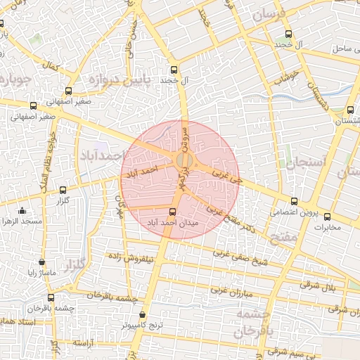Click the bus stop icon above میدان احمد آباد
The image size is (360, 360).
[173, 212]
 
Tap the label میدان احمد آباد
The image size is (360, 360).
[173, 222]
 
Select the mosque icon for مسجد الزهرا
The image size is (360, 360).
[22, 210]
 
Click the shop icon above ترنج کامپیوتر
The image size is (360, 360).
[143, 316]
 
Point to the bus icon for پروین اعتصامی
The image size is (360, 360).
[294, 202]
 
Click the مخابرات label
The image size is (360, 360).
[326, 227]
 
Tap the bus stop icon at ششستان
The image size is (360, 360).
[349, 109]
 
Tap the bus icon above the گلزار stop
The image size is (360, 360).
[63, 190]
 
